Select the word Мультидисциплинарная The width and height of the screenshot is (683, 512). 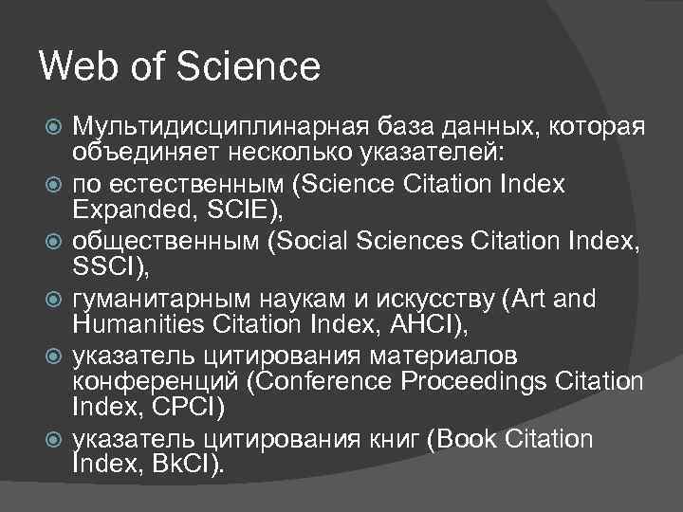click(209, 127)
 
